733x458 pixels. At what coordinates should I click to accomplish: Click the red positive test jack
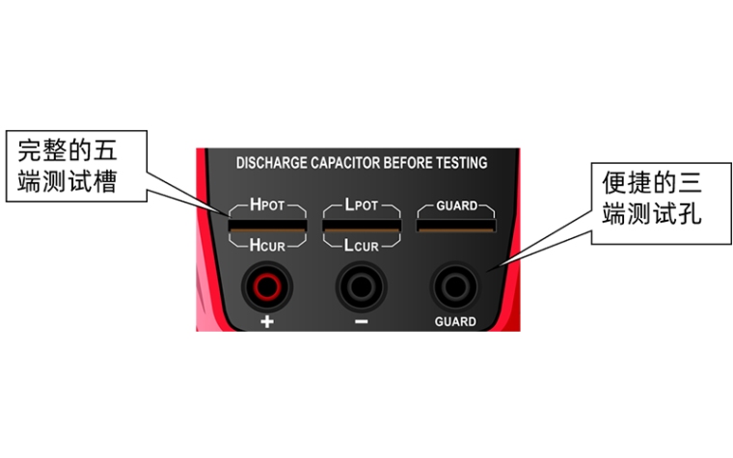point(267,286)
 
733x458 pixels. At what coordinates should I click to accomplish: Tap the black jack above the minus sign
point(361,286)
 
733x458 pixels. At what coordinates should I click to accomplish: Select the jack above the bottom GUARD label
point(455,286)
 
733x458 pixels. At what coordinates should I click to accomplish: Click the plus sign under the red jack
point(267,321)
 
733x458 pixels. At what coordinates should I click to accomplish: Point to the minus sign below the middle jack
point(362,321)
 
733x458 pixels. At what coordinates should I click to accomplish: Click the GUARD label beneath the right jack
point(455,321)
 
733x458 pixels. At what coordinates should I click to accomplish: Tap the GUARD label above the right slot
point(457,205)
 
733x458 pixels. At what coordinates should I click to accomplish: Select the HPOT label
point(267,204)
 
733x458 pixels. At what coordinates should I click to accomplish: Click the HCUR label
point(267,245)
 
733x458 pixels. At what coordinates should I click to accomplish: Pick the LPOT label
point(362,204)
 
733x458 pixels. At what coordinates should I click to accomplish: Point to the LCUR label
point(362,245)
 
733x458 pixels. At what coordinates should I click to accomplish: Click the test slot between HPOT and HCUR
point(267,226)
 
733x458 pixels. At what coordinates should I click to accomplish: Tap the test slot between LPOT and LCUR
point(362,226)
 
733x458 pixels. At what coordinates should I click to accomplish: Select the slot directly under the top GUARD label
point(456,226)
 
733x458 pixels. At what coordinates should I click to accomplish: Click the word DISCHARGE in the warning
point(272,163)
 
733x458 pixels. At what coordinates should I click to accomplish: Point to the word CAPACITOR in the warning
point(346,163)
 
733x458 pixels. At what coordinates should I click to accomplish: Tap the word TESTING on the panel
point(462,163)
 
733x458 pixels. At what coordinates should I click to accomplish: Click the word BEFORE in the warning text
point(409,163)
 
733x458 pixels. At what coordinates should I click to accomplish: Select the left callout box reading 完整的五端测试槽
point(76,167)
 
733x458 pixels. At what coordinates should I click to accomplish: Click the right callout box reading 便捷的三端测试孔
point(662,203)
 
